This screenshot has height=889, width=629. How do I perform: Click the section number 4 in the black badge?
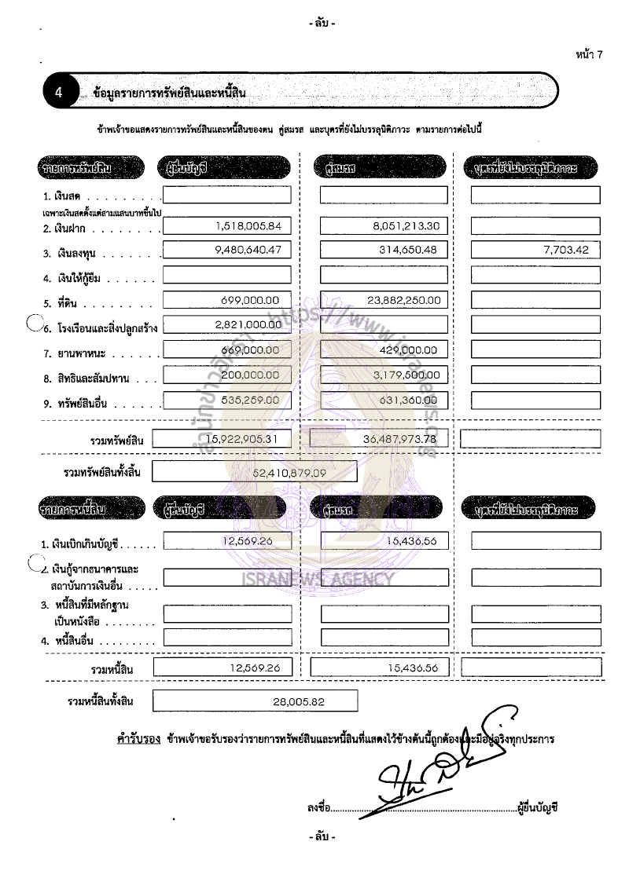coord(59,93)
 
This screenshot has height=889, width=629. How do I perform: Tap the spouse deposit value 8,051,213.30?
coord(406,226)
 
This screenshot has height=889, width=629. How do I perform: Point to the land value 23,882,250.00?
coord(403,299)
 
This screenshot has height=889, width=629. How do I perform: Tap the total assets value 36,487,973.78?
coord(400,439)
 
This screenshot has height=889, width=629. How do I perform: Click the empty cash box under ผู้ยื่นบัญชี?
coord(226,195)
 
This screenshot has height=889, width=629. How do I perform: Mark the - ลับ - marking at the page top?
coord(322,23)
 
